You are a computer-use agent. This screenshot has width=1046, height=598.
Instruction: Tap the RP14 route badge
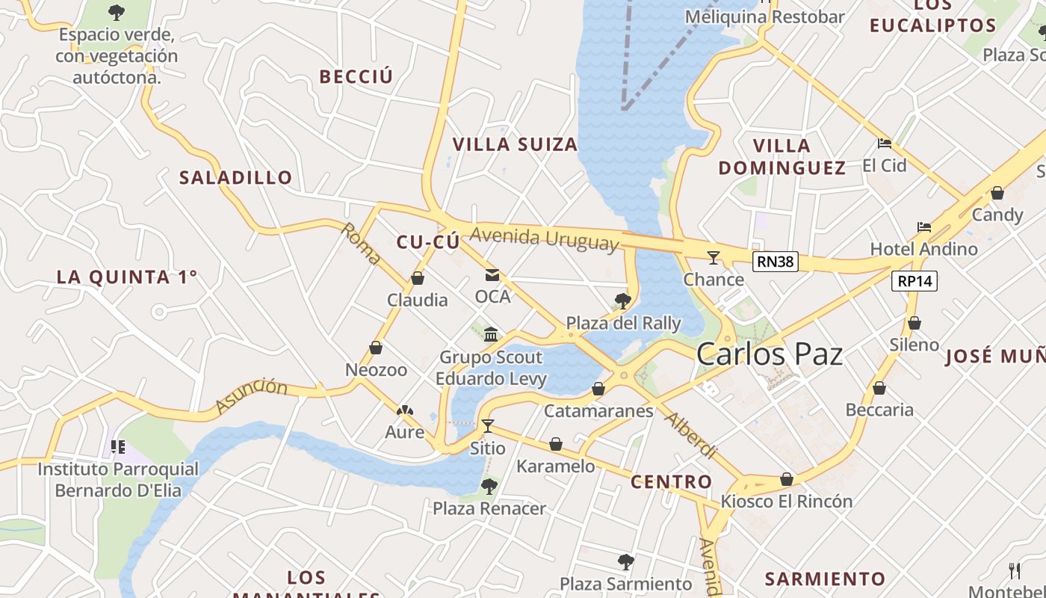click(x=914, y=281)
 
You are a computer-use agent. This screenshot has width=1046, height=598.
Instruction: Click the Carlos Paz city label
click(x=769, y=354)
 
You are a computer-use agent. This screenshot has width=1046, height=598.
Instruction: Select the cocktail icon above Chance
click(x=714, y=258)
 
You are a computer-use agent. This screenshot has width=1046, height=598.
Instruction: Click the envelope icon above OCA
click(x=492, y=275)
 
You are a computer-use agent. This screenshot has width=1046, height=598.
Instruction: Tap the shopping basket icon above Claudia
click(x=418, y=279)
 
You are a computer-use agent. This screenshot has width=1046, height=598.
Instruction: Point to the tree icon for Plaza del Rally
click(x=622, y=301)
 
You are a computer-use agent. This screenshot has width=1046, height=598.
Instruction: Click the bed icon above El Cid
click(x=885, y=144)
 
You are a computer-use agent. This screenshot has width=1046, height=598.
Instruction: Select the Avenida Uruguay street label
click(x=545, y=238)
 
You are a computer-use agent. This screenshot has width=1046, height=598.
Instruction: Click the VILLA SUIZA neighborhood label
click(x=516, y=144)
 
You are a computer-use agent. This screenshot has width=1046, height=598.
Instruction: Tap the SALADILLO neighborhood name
click(x=235, y=177)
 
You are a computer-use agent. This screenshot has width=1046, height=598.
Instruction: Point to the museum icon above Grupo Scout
click(x=491, y=334)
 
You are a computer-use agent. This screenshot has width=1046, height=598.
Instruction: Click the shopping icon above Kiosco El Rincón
click(x=786, y=479)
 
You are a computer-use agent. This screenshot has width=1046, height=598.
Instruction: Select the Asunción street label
click(x=252, y=396)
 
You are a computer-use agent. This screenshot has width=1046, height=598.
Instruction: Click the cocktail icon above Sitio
click(x=488, y=426)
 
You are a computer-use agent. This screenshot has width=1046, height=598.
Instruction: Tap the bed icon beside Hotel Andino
click(x=924, y=227)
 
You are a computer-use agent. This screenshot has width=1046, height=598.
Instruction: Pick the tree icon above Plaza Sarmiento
click(x=625, y=561)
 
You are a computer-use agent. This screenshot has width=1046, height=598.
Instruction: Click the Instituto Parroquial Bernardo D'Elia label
click(x=118, y=480)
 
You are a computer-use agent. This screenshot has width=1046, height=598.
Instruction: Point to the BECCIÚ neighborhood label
click(x=356, y=76)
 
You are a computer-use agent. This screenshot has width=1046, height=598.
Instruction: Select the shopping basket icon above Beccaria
click(x=879, y=388)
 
